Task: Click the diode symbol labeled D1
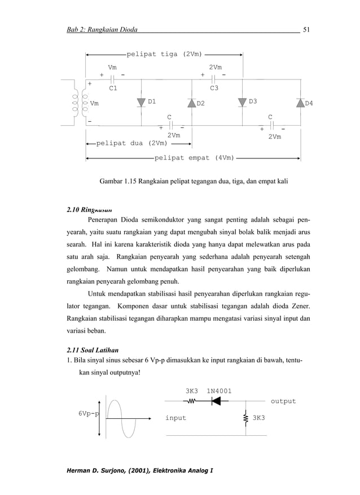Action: point(141,102)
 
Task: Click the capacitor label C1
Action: point(113,89)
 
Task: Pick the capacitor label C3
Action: point(214,89)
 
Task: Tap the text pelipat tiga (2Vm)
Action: point(164,54)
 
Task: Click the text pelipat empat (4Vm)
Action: point(194,158)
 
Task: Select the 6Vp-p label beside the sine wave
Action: point(87,413)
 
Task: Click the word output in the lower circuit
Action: point(283,401)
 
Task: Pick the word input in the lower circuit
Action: point(175,418)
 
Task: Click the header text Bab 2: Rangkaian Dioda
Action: point(102,29)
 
